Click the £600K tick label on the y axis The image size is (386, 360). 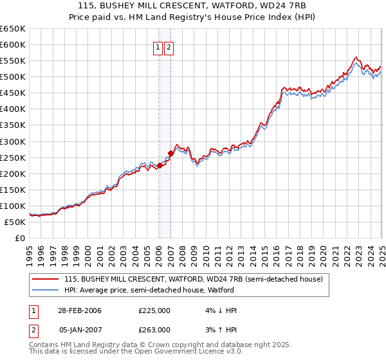click(x=13, y=44)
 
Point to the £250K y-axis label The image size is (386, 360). click(x=13, y=157)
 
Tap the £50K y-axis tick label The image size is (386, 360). click(x=15, y=222)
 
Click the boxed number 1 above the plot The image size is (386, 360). click(x=158, y=47)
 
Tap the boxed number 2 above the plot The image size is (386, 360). click(x=169, y=47)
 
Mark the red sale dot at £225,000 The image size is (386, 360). click(x=160, y=165)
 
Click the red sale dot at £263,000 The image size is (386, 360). click(x=170, y=153)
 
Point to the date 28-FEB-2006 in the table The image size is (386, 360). click(x=80, y=310)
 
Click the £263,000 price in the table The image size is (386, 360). click(x=154, y=329)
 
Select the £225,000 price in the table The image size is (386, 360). click(x=154, y=310)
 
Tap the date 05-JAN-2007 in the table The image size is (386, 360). click(x=80, y=329)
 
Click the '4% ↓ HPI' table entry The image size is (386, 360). click(x=217, y=310)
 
